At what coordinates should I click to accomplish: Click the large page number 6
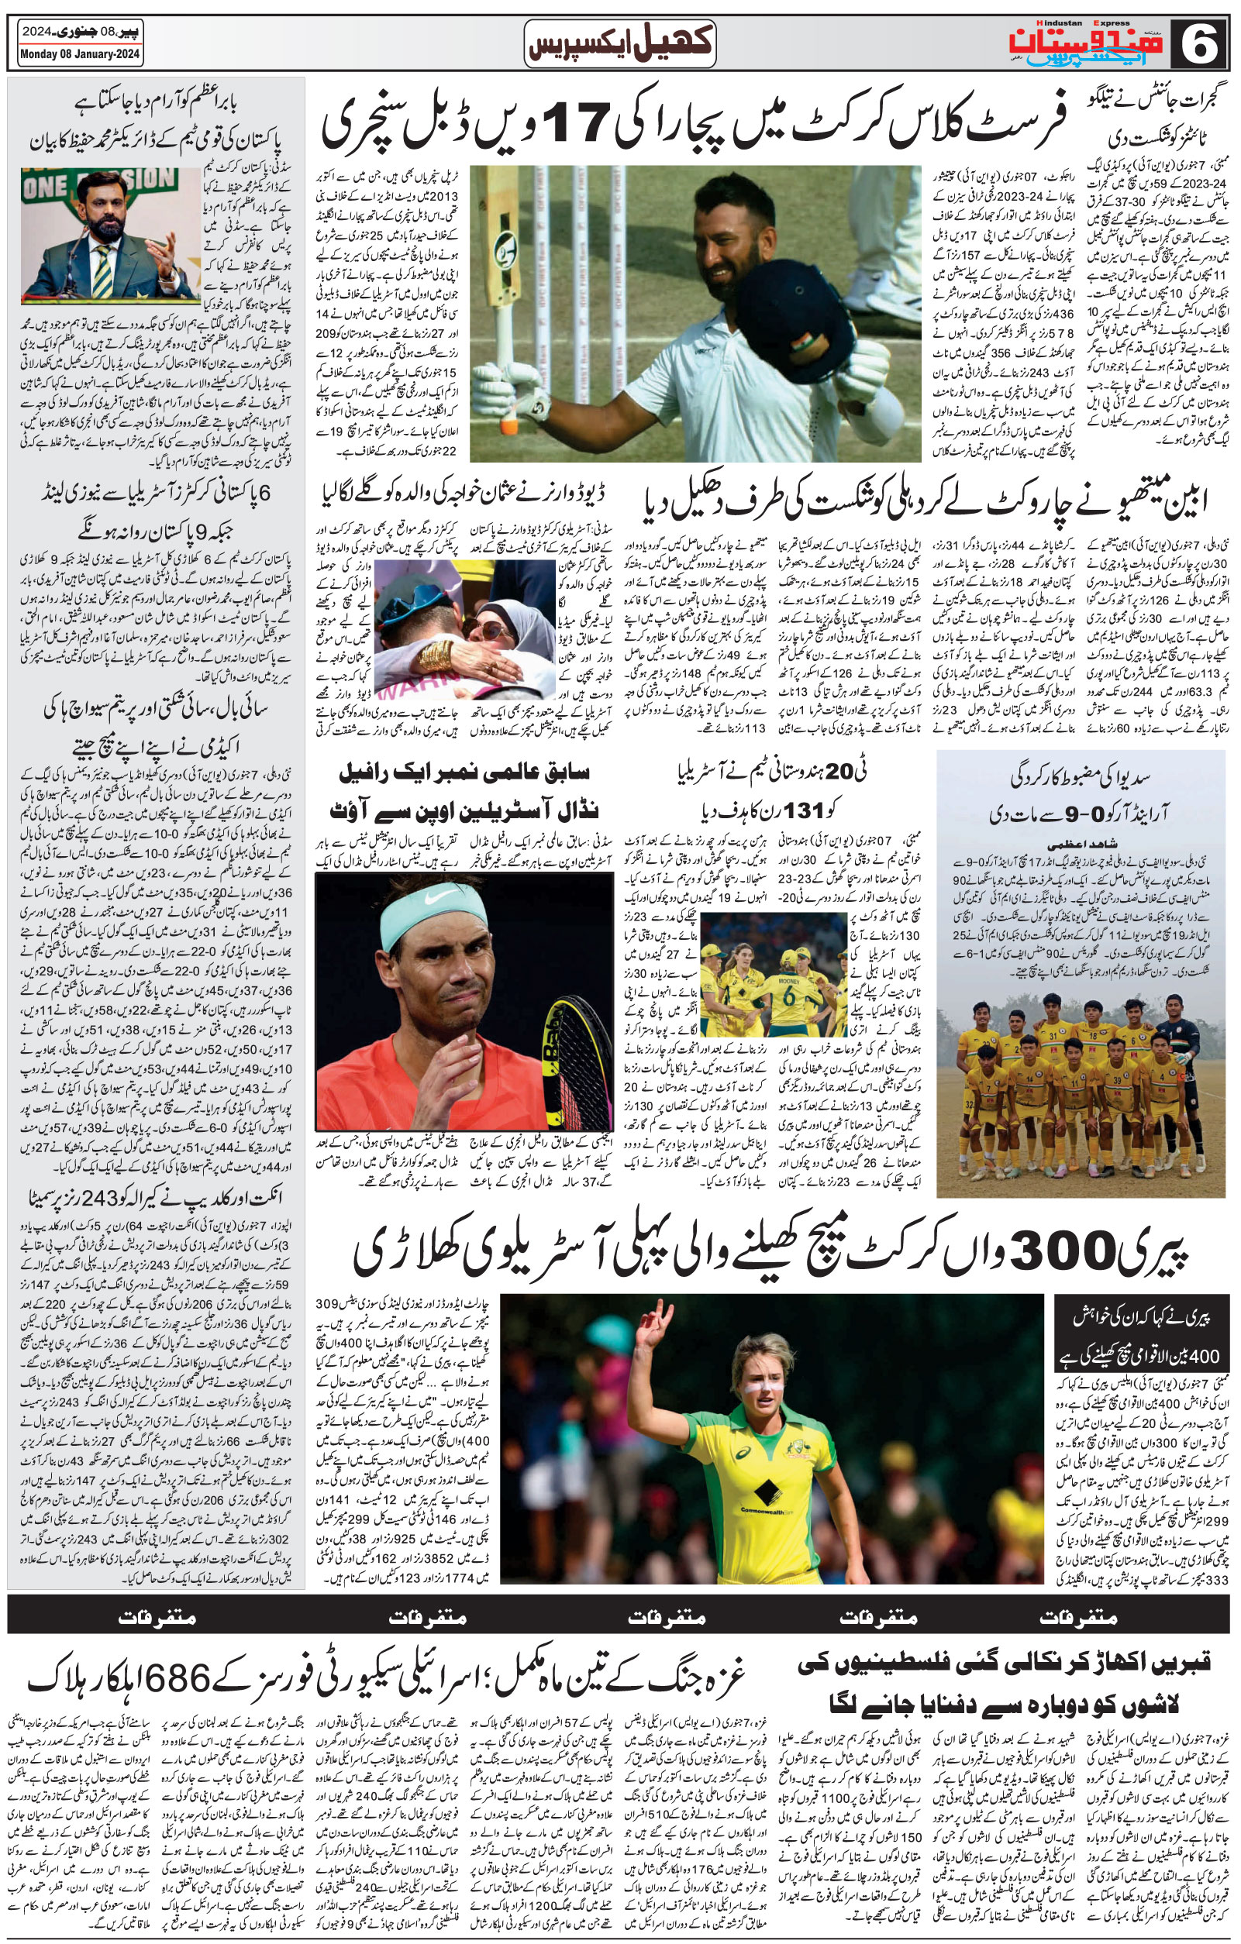click(1201, 43)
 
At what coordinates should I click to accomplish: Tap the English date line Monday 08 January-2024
click(80, 55)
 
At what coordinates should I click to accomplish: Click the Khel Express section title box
click(620, 43)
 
